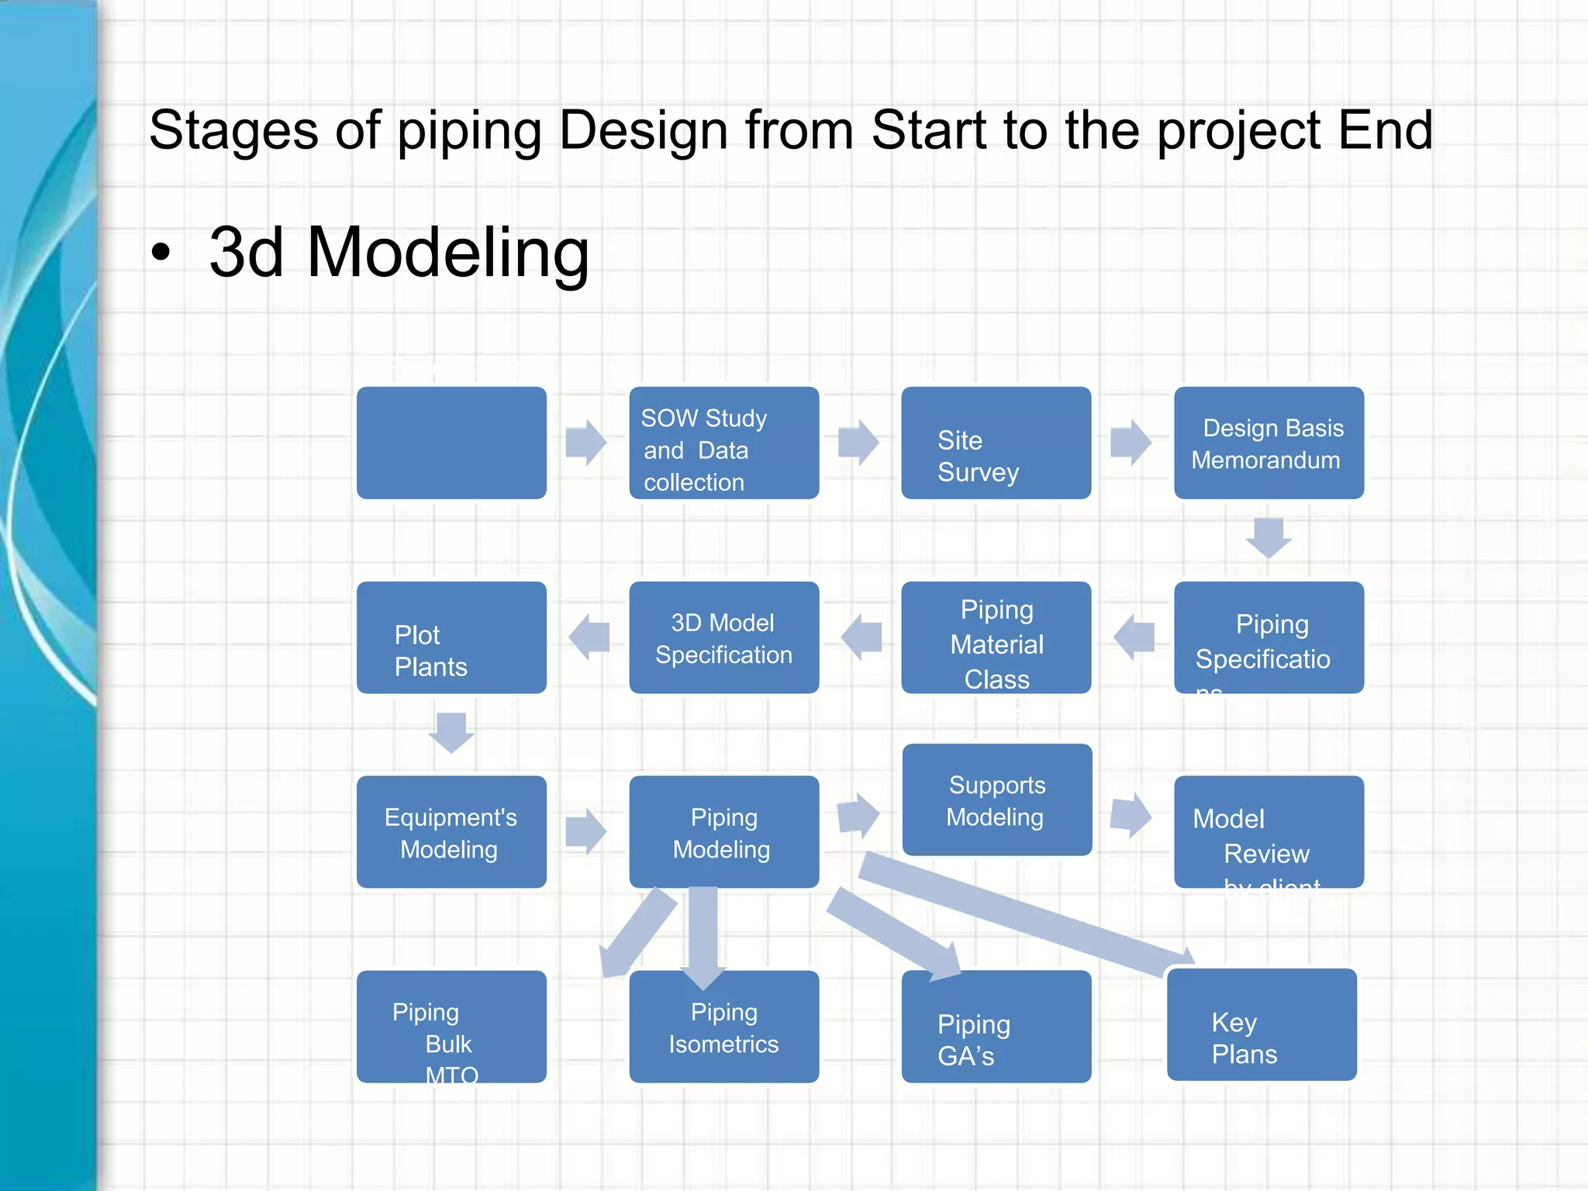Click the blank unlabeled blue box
pos(451,443)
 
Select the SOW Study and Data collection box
pos(723,443)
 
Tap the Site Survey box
pos(996,443)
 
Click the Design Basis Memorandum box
pos(1269,443)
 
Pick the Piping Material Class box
pos(996,637)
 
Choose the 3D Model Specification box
pos(723,637)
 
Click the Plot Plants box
pos(451,637)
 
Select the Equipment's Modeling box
pos(451,832)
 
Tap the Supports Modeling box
pos(996,799)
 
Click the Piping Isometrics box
pos(723,1027)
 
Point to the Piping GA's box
pos(996,1027)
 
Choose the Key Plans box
pos(1262,1024)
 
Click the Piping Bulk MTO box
pos(451,1027)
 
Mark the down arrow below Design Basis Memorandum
pos(1269,537)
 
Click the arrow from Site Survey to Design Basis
pos(1131,443)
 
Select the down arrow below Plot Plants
pos(451,732)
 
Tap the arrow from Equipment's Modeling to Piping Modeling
pos(585,832)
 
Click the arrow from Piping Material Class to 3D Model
pos(861,637)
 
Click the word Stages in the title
pos(233,130)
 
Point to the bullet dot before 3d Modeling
pos(161,253)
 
